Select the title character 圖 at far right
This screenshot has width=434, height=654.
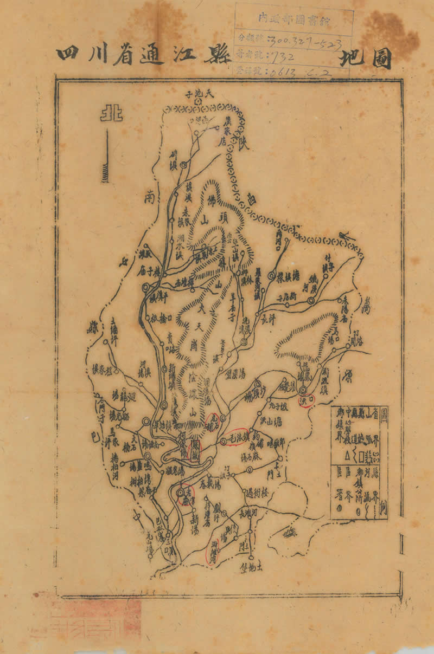coord(382,60)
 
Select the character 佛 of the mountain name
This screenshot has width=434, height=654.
coord(211,200)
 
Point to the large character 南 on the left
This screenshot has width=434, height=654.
coord(150,198)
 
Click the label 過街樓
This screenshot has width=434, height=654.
coord(257,494)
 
